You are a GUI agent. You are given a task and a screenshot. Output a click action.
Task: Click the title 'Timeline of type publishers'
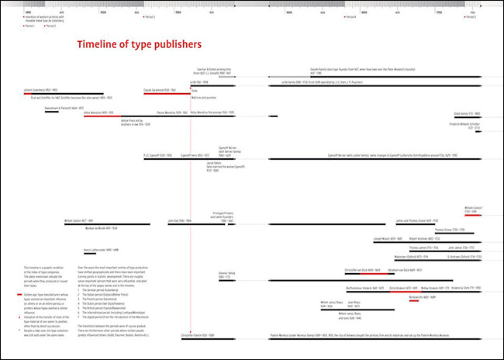(x=139, y=45)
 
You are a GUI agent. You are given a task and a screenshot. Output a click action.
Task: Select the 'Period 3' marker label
(x=150, y=17)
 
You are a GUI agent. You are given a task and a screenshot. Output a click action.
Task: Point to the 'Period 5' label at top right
(x=471, y=17)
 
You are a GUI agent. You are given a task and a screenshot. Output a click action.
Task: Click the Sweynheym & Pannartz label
(x=61, y=108)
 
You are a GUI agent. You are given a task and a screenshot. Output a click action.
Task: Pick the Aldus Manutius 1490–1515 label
(x=78, y=112)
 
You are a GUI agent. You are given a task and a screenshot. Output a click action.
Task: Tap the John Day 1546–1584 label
(x=180, y=221)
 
